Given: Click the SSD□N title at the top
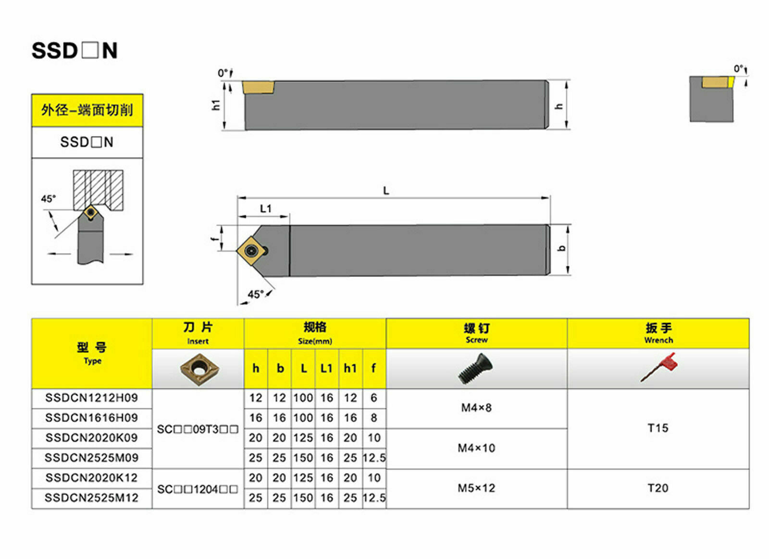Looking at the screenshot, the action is pyautogui.click(x=74, y=51).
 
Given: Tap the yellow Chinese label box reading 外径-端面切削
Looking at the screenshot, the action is pyautogui.click(x=87, y=110).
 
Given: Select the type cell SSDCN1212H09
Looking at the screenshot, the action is pyautogui.click(x=92, y=398).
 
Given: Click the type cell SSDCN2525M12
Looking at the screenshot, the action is pyautogui.click(x=92, y=498).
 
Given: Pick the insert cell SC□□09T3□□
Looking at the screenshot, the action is pyautogui.click(x=198, y=429).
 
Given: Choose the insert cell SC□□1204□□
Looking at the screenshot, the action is pyautogui.click(x=198, y=489).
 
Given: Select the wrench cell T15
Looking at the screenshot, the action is pyautogui.click(x=658, y=428).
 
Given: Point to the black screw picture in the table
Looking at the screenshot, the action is pyautogui.click(x=475, y=368).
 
